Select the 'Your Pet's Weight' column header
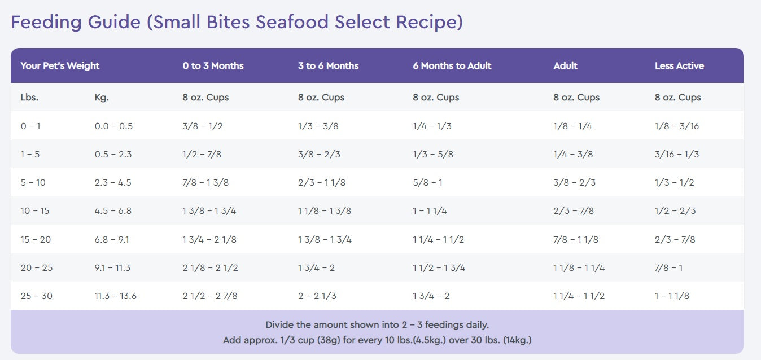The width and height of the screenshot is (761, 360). click(60, 65)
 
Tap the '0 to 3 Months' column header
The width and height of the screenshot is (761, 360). click(213, 65)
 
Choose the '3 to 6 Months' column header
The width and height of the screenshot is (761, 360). click(328, 65)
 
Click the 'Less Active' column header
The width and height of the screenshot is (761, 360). click(679, 65)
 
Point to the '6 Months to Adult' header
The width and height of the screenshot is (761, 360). click(452, 65)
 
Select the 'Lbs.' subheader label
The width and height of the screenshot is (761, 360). click(29, 97)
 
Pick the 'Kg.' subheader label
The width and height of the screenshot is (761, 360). click(102, 97)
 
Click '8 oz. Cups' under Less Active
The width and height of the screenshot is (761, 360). click(677, 97)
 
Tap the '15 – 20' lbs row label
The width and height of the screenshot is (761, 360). click(36, 239)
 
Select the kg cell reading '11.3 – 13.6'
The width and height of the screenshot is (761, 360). click(115, 296)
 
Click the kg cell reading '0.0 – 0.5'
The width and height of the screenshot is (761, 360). click(113, 126)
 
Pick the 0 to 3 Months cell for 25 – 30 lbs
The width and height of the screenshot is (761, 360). click(210, 296)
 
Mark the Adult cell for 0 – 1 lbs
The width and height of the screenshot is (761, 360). click(572, 126)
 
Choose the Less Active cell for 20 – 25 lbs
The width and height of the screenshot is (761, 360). click(668, 267)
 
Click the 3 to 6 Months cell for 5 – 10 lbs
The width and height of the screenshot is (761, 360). click(322, 182)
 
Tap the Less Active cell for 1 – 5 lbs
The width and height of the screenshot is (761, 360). click(676, 154)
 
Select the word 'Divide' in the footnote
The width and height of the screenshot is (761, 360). click(280, 325)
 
